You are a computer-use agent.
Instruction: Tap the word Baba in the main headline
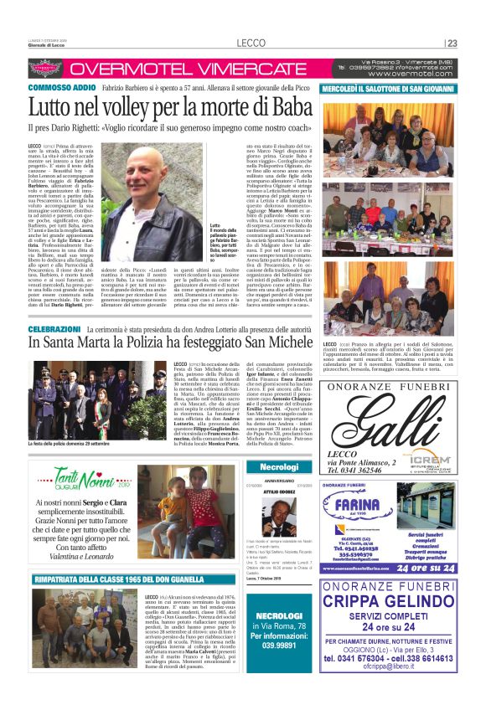[285, 106]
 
